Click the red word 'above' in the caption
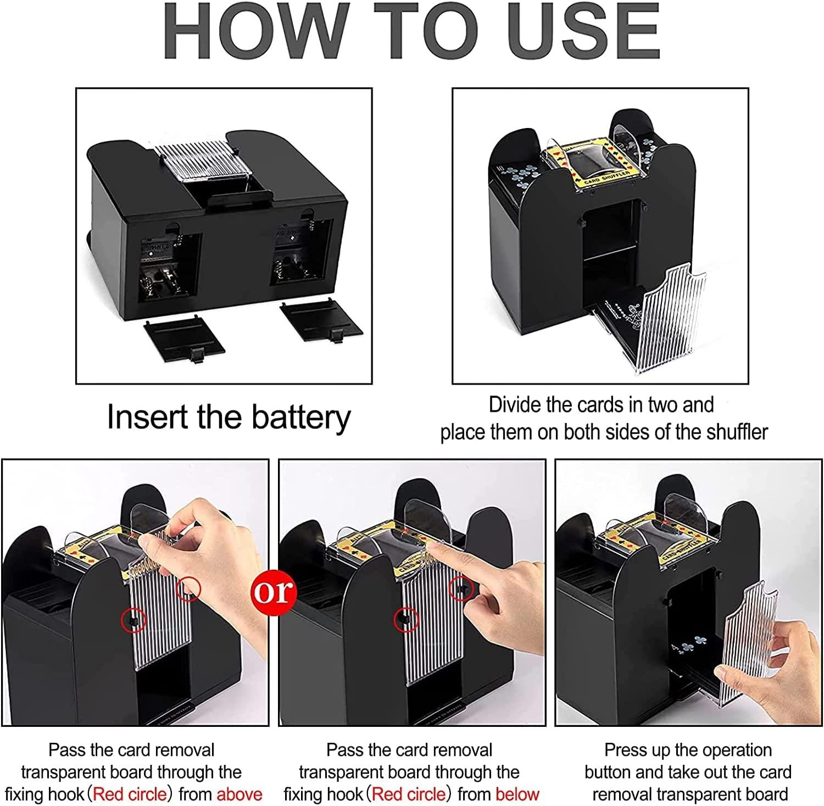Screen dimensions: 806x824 tap(239, 794)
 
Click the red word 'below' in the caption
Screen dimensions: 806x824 tap(517, 794)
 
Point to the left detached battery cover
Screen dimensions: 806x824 tap(184, 343)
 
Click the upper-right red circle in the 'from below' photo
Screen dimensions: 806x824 tap(461, 588)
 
